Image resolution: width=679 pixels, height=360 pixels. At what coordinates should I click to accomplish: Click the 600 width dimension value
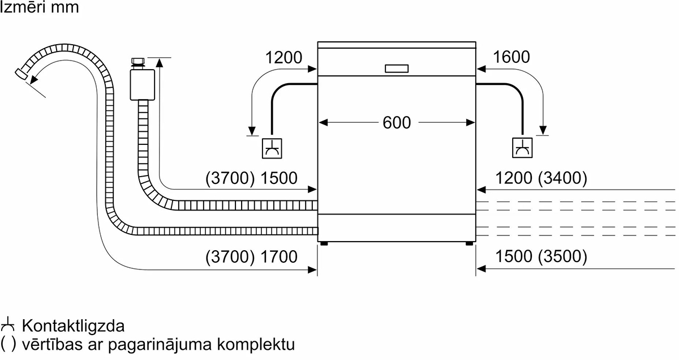[x=397, y=122]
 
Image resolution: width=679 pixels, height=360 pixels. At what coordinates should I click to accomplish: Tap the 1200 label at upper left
[x=283, y=57]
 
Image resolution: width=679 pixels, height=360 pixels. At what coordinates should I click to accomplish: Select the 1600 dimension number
[x=512, y=57]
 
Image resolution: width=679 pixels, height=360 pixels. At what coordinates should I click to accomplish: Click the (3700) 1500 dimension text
[x=251, y=178]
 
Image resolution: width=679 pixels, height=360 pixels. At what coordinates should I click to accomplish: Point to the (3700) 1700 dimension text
[x=251, y=256]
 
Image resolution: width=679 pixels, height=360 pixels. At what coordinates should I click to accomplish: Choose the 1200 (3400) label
[x=541, y=178]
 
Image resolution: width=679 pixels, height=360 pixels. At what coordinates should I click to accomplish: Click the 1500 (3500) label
[x=541, y=256]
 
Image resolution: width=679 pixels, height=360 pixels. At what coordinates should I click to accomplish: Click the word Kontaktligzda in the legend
[x=73, y=327]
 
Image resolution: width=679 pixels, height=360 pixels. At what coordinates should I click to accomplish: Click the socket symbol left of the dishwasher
[x=273, y=148]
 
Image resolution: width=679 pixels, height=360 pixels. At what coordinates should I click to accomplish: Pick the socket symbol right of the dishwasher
[x=521, y=148]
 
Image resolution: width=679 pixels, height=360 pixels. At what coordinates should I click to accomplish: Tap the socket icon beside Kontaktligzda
[x=8, y=326]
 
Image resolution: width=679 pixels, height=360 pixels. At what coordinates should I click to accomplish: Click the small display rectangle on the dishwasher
[x=397, y=68]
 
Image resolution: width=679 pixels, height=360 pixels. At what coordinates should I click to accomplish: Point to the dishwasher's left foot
[x=324, y=243]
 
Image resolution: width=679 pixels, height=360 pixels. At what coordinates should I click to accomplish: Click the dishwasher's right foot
[x=470, y=243]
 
